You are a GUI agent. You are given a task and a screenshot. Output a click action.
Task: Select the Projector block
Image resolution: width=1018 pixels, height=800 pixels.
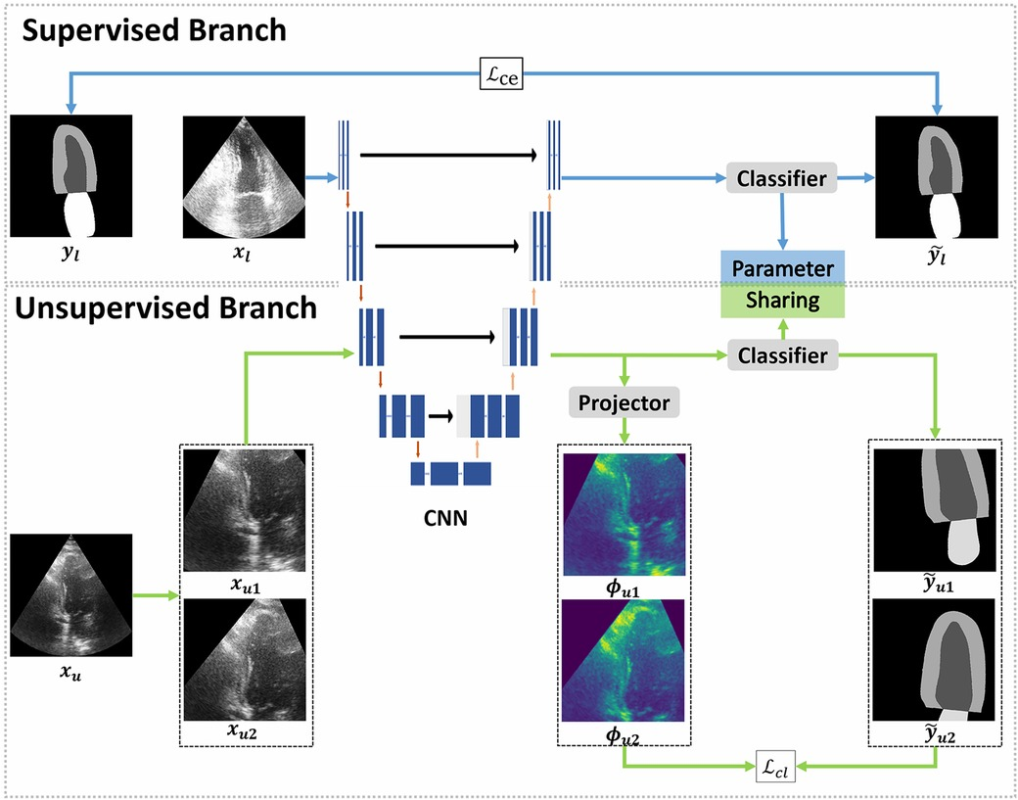pyautogui.click(x=624, y=402)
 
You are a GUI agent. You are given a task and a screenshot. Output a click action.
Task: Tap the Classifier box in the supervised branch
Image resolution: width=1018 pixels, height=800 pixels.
pyautogui.click(x=781, y=178)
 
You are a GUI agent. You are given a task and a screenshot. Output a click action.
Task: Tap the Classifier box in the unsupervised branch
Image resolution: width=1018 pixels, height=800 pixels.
pyautogui.click(x=781, y=355)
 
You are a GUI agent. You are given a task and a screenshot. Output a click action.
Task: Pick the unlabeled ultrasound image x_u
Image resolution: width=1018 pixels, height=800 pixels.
pyautogui.click(x=69, y=593)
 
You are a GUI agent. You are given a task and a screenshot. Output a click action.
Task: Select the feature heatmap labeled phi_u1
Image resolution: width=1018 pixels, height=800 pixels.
pyautogui.click(x=624, y=513)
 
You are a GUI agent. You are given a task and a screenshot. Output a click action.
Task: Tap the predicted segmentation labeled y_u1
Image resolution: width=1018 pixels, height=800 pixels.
pyautogui.click(x=936, y=510)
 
